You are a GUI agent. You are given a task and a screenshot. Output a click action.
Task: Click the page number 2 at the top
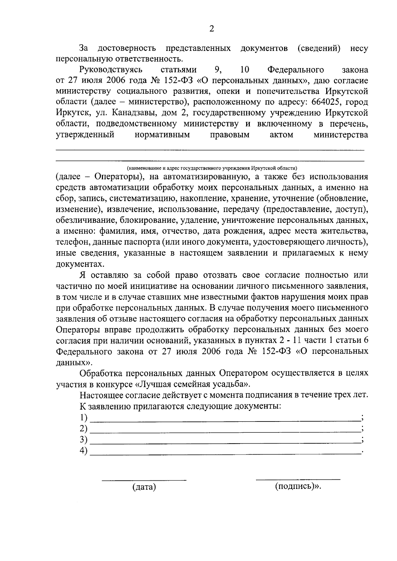(x=212, y=29)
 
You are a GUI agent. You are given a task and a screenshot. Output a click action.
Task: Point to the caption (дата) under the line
(x=144, y=487)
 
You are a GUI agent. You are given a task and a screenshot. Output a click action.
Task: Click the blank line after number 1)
(x=225, y=420)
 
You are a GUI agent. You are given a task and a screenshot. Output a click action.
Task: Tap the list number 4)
(x=83, y=450)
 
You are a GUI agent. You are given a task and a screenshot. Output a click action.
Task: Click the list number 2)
(x=83, y=428)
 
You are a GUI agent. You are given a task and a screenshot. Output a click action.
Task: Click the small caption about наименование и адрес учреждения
(x=212, y=168)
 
